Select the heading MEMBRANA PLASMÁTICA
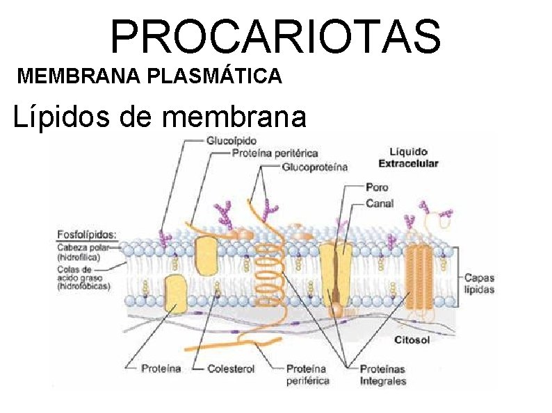(x=149, y=76)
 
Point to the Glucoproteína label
(x=315, y=167)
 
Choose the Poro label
(x=377, y=187)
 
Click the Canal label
(x=380, y=203)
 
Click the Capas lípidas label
(x=479, y=283)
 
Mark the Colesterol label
(x=231, y=368)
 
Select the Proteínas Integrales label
(x=383, y=374)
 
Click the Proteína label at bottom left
(x=161, y=368)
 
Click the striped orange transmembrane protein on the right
(x=419, y=276)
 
